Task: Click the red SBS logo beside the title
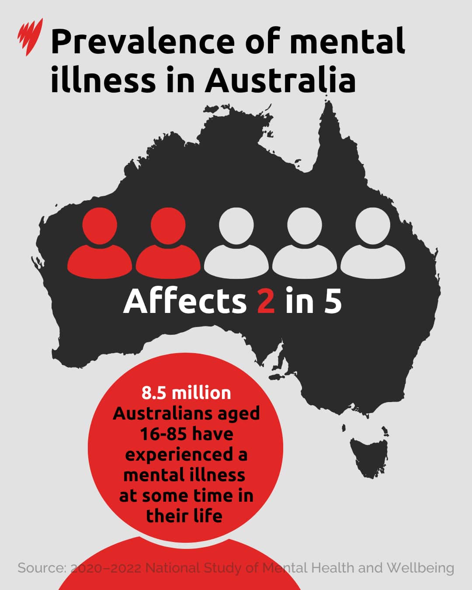point(30,37)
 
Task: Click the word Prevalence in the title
point(142,41)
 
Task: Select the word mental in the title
point(347,41)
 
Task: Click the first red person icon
point(100,243)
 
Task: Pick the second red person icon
point(168,243)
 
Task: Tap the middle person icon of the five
point(236,243)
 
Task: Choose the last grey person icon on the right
point(373,243)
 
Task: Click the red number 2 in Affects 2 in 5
point(266,301)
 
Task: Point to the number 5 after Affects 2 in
point(333,301)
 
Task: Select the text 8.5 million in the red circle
point(186,393)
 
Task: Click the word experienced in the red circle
point(179,455)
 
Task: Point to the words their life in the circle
point(184,516)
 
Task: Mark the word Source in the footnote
point(42,568)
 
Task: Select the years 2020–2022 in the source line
point(106,568)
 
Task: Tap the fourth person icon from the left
point(305,243)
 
